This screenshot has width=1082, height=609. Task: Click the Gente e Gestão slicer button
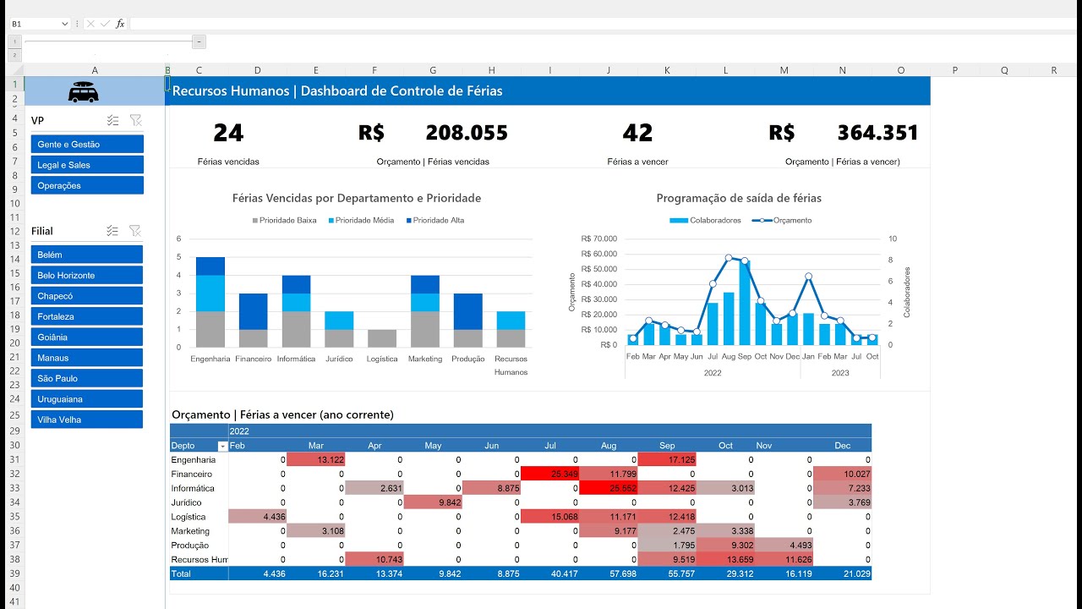86,145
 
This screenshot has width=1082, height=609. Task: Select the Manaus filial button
86,358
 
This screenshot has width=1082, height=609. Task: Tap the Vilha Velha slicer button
86,420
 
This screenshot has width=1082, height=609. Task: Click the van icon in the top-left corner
83,92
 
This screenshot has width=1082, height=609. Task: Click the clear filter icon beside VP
135,121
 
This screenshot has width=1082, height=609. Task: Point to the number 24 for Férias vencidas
228,133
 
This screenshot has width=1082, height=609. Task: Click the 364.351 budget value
877,133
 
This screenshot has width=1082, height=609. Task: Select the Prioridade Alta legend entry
438,221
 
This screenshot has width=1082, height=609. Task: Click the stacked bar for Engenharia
210,302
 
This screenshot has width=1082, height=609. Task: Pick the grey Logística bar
382,337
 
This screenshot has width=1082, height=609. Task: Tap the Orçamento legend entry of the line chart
786,221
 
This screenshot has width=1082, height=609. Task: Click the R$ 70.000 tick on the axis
599,239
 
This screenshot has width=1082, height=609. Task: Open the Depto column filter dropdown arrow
223,446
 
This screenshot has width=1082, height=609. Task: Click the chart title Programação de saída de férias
738,198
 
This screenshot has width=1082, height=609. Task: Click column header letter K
667,70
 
